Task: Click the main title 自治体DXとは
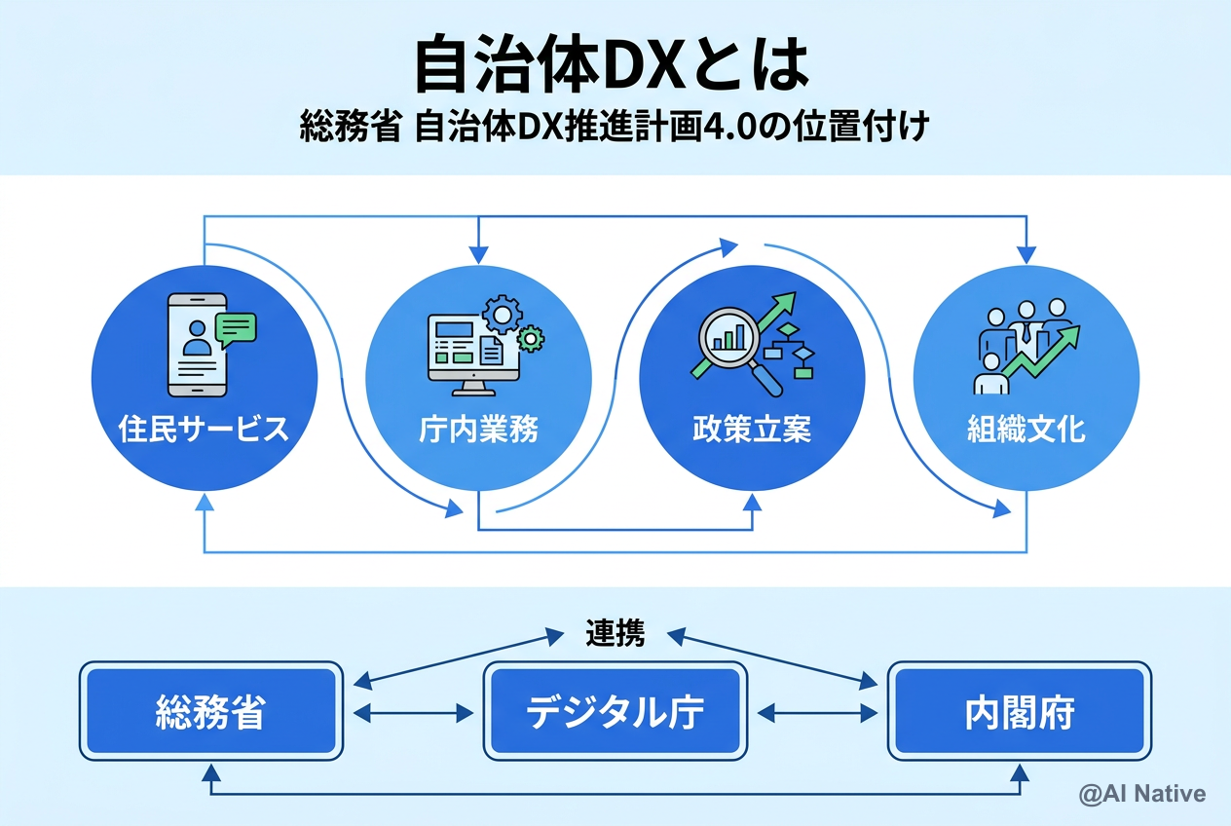coord(612,66)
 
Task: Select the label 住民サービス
coord(204,430)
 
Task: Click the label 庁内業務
coord(478,430)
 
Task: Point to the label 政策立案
coord(752,430)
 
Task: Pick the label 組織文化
coord(1026,430)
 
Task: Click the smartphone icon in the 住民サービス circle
coord(197,345)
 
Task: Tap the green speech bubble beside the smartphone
coord(237,329)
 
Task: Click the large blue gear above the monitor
coord(503,314)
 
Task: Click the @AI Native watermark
coord(1141,794)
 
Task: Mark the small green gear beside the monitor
coord(531,339)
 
